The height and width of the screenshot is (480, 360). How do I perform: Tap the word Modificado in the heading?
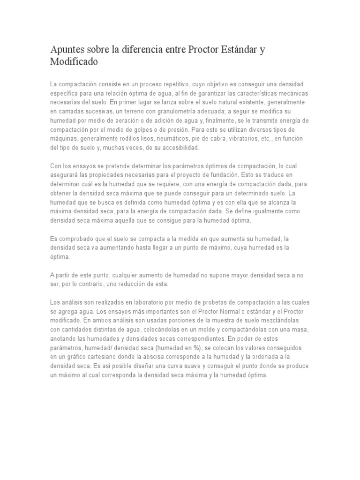tap(75, 61)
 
